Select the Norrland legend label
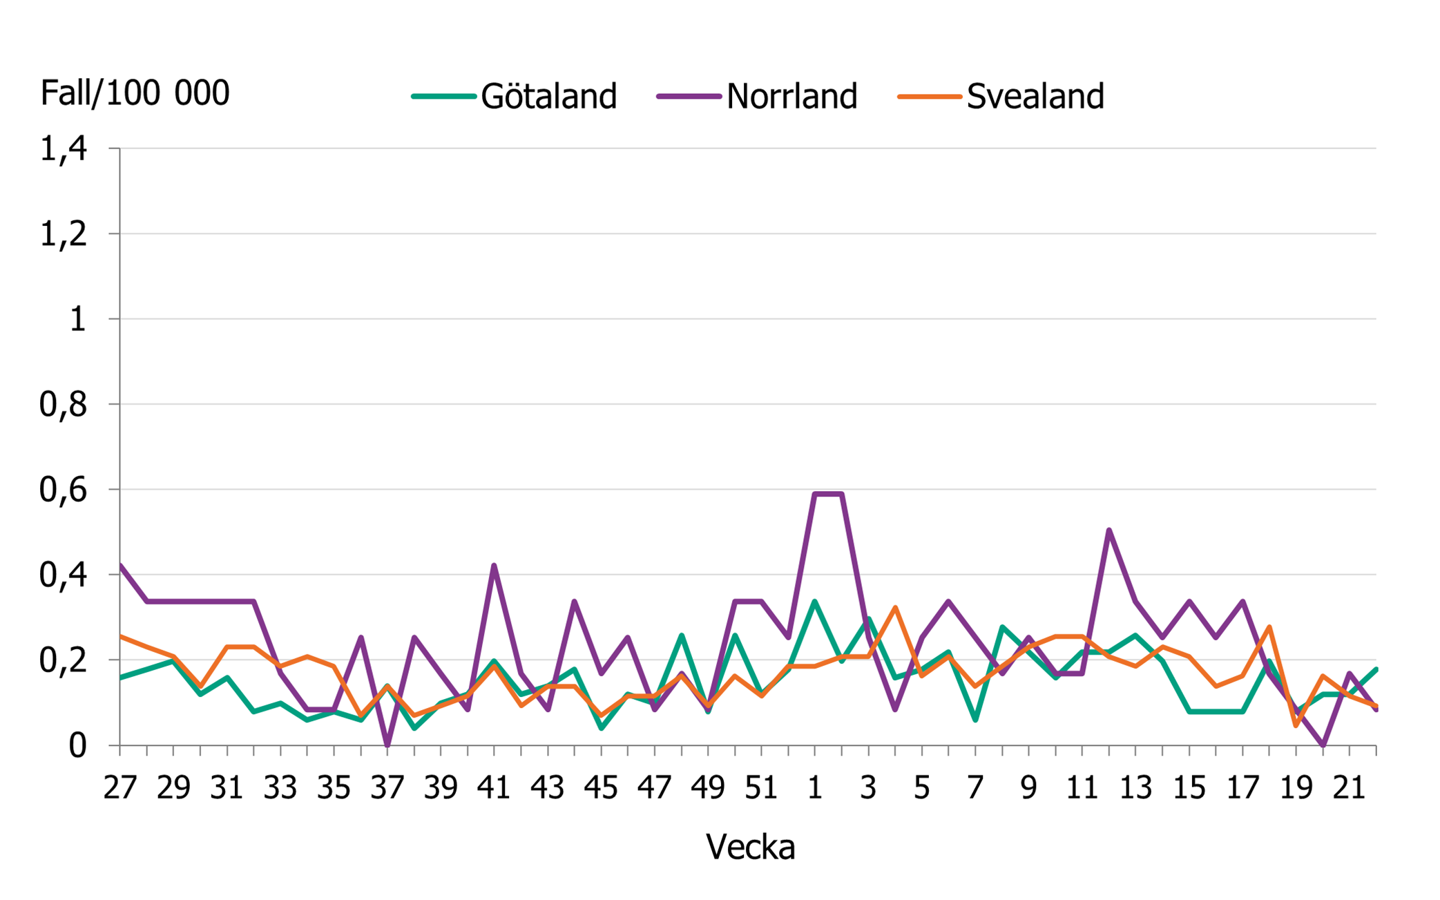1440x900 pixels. coord(791,96)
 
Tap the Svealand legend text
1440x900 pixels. coord(1035,96)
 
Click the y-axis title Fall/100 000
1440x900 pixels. coord(135,93)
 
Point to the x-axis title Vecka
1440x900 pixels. coord(750,847)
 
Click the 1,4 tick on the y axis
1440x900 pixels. coord(64,149)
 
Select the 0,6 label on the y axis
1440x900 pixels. coord(64,490)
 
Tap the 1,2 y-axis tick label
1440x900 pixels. coord(64,234)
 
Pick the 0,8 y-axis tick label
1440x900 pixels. coord(64,405)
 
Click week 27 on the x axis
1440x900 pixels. coord(120,787)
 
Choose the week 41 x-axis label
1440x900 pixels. coord(494,787)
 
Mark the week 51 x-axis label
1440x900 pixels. coord(761,787)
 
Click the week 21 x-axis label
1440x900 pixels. coord(1349,787)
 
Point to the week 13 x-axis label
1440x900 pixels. coord(1135,787)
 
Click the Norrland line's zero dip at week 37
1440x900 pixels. coord(387,745)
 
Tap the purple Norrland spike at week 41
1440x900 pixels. coord(494,566)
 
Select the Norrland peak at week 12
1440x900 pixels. coord(1108,530)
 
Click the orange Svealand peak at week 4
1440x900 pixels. coord(895,608)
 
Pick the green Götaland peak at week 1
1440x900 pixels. coord(815,602)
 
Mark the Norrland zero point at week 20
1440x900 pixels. coord(1323,745)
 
